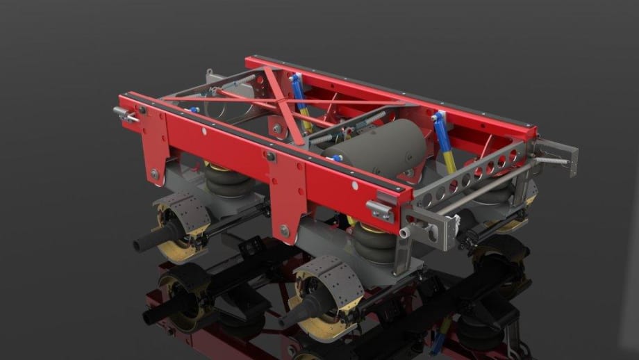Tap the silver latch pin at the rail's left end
[x=124, y=115]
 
